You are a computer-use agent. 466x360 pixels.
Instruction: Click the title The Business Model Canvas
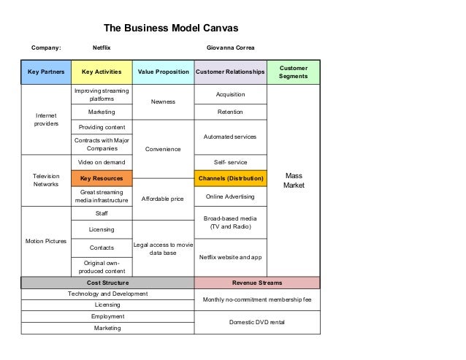pos(171,28)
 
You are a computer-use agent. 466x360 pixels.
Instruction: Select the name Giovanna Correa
pos(231,48)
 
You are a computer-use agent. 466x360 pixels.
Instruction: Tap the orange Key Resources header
pos(102,178)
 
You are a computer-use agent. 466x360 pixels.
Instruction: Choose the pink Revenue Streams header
pos(256,283)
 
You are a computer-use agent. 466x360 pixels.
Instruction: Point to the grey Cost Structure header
pos(107,283)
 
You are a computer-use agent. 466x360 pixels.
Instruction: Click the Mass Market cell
pos(293,180)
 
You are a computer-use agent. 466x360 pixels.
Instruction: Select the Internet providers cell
pos(46,120)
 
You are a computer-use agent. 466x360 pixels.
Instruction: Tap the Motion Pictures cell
pos(46,241)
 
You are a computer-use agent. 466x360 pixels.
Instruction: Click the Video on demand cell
pos(102,162)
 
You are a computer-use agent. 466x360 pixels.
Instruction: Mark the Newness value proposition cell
pos(163,102)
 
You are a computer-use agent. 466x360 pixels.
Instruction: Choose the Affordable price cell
pos(163,198)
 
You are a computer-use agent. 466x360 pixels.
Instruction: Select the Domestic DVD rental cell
pos(256,321)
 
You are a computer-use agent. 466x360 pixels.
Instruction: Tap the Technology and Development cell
pos(107,294)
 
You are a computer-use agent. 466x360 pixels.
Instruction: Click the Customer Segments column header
pos(293,72)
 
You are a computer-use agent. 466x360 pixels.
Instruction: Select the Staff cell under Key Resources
pos(102,213)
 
